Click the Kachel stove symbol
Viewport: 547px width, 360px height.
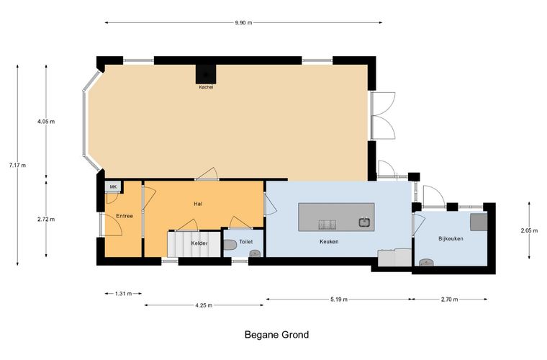pyautogui.click(x=206, y=74)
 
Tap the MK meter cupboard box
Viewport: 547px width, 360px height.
pyautogui.click(x=113, y=186)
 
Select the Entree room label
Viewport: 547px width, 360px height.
pyautogui.click(x=125, y=216)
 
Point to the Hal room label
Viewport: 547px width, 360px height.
pyautogui.click(x=198, y=204)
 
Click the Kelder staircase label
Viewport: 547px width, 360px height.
pyautogui.click(x=199, y=243)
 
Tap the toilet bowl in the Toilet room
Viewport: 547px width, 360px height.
pyautogui.click(x=230, y=245)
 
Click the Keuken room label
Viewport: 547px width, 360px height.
pyautogui.click(x=329, y=241)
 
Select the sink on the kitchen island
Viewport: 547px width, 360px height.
pyautogui.click(x=365, y=222)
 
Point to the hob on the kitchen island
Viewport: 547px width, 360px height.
pyautogui.click(x=327, y=225)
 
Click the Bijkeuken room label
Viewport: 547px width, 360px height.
pyautogui.click(x=451, y=238)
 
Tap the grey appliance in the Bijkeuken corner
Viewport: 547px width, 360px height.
pyautogui.click(x=479, y=222)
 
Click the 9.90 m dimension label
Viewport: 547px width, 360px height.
pyautogui.click(x=243, y=22)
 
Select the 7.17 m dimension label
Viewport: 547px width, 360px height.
pyautogui.click(x=17, y=165)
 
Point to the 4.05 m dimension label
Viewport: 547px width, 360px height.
pyautogui.click(x=46, y=122)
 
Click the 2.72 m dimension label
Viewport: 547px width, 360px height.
pyautogui.click(x=46, y=220)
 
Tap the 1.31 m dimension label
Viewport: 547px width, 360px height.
pyautogui.click(x=124, y=294)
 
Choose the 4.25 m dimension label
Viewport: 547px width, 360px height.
pyautogui.click(x=204, y=305)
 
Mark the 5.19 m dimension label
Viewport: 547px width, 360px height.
pyautogui.click(x=339, y=300)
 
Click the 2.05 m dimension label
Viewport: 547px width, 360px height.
pyautogui.click(x=529, y=230)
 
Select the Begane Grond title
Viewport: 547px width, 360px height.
pyautogui.click(x=276, y=335)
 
